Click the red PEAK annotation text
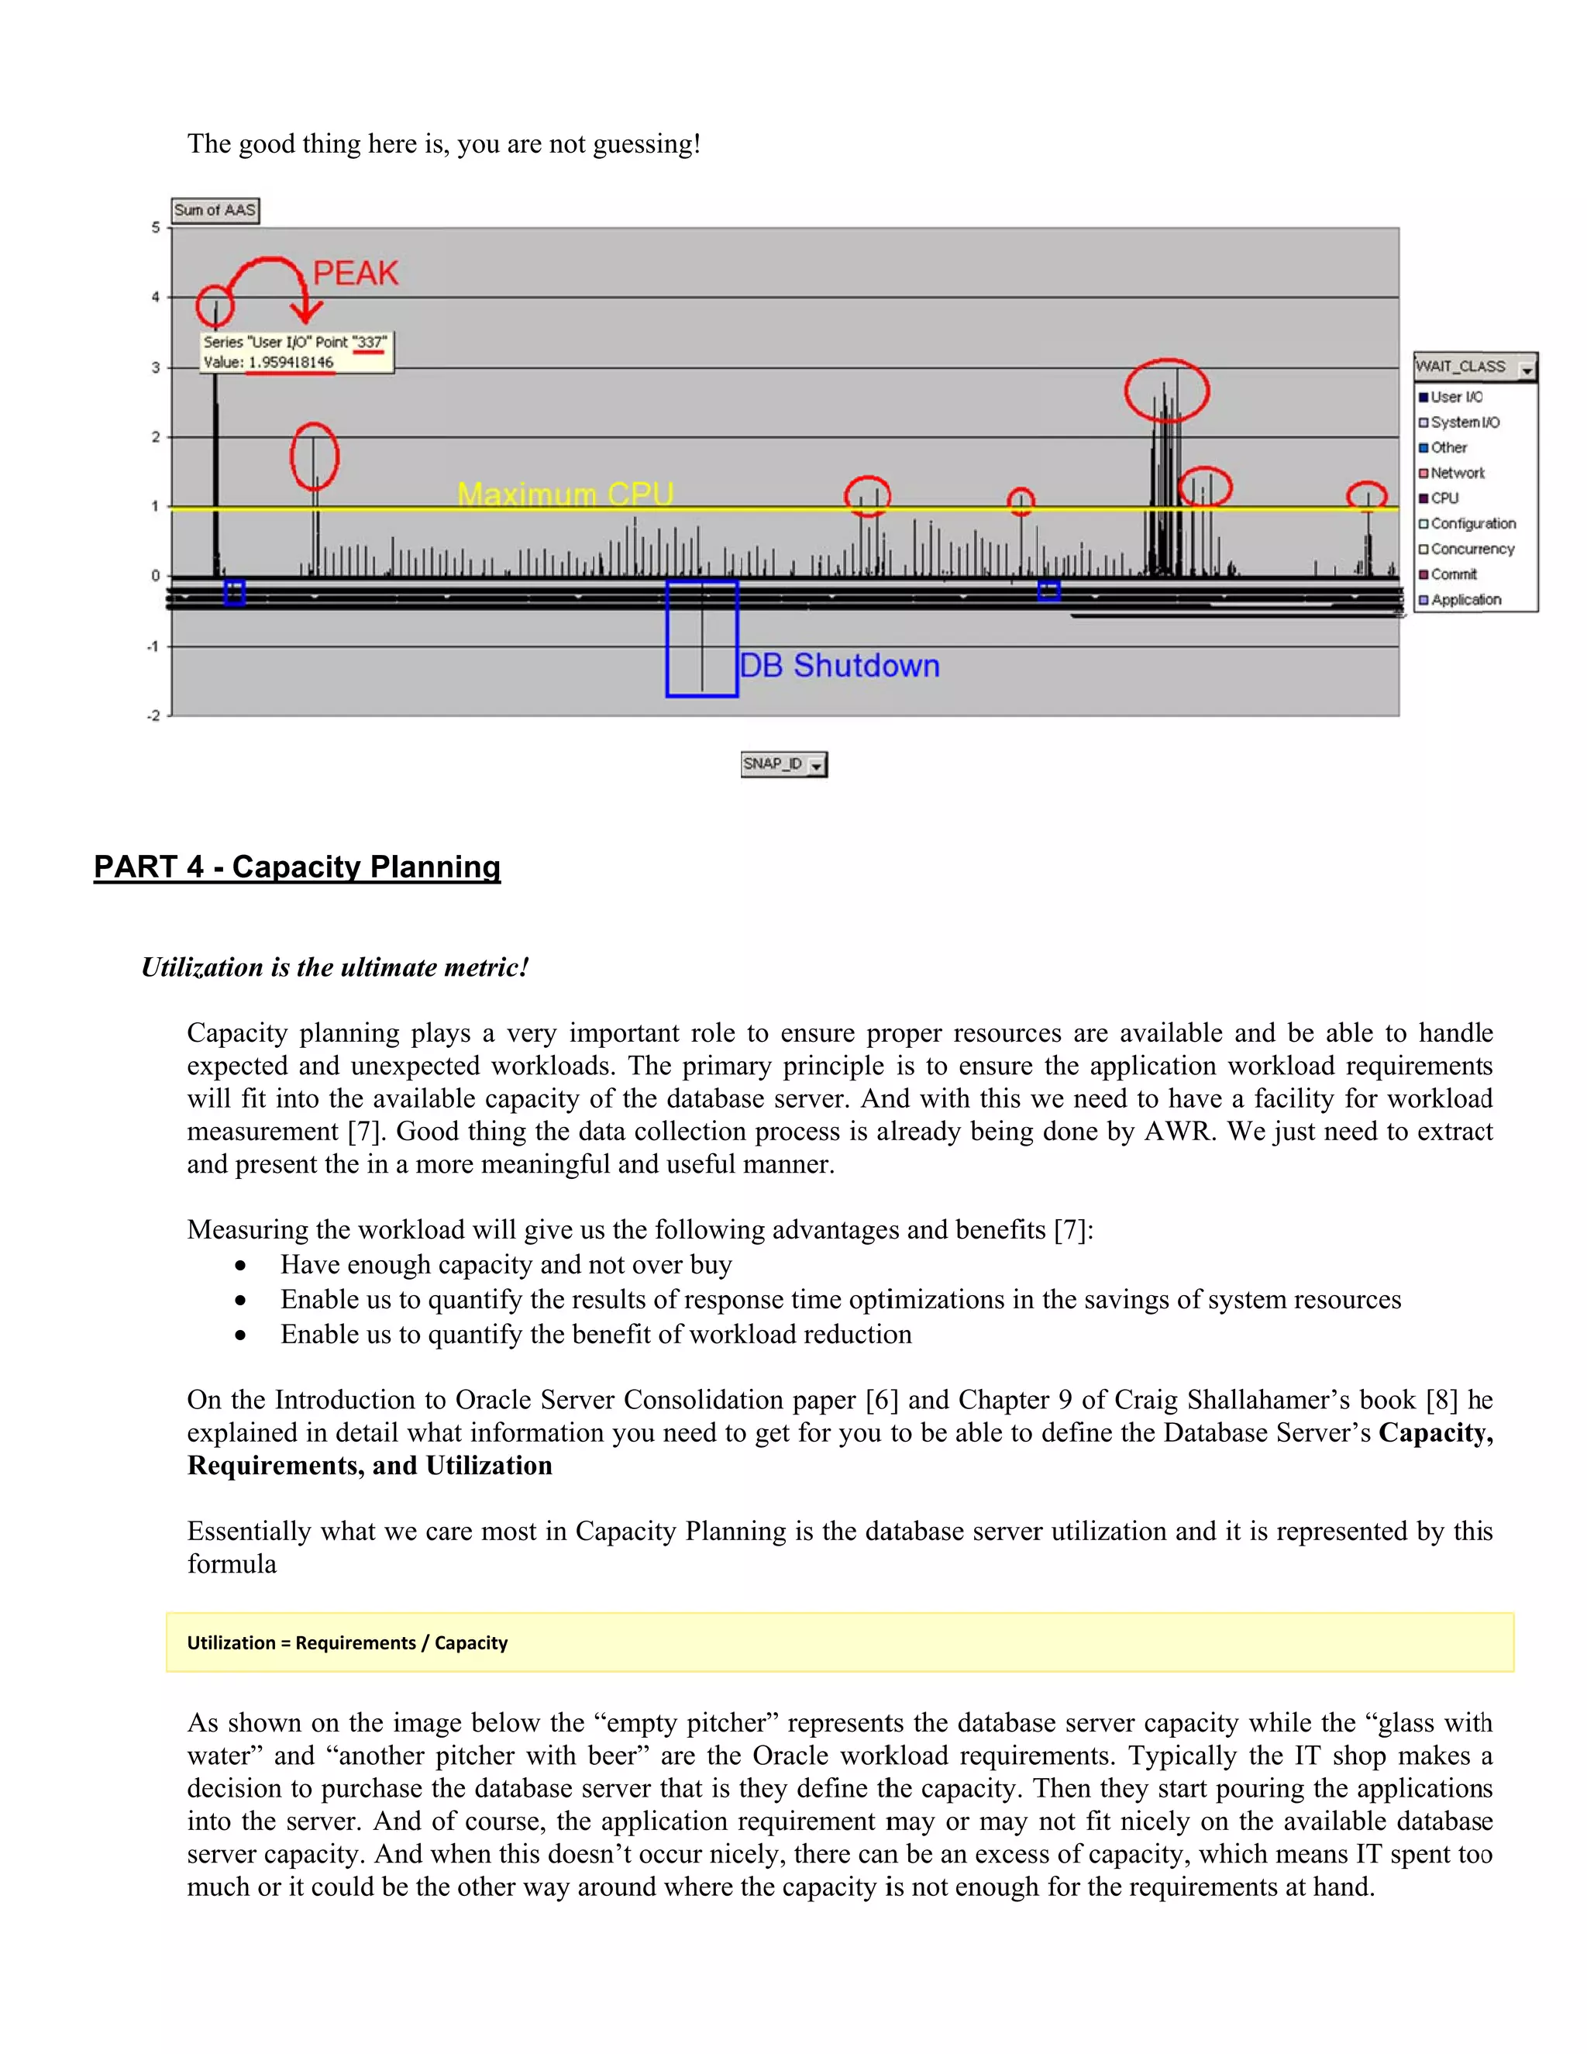point(356,273)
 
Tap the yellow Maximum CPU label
point(565,494)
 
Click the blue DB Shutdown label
point(838,666)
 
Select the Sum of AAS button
point(215,211)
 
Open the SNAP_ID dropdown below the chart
point(817,764)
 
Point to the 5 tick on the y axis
point(156,228)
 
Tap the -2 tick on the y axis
point(153,715)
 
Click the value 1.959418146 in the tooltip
point(291,362)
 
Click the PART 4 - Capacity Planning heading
point(297,867)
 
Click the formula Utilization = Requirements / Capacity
point(347,1643)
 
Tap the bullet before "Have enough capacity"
point(242,1266)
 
